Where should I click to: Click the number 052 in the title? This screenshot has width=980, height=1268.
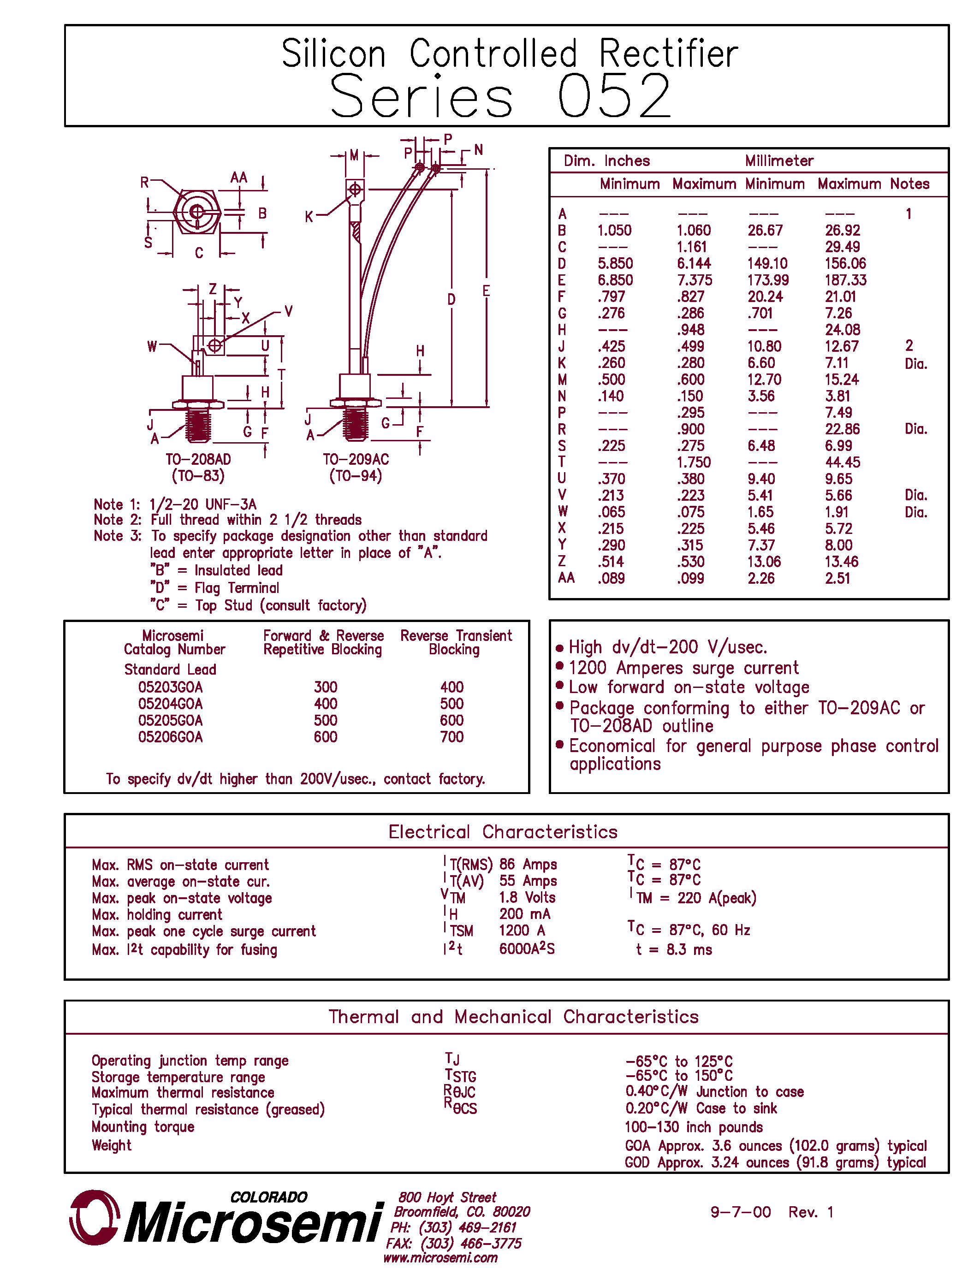pos(614,96)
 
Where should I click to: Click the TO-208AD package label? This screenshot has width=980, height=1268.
pos(198,459)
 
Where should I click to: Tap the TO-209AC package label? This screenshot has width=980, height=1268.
pos(356,459)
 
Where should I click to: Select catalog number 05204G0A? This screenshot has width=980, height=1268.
pos(170,704)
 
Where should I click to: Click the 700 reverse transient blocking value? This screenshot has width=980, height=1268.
pos(451,737)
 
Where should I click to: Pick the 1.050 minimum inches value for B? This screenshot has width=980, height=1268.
pos(614,231)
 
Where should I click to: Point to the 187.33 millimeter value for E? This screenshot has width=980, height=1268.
pos(845,280)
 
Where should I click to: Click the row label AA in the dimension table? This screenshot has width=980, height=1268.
pos(566,578)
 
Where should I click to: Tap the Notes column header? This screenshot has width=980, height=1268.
pos(910,184)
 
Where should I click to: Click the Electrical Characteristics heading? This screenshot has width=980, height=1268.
pos(503,831)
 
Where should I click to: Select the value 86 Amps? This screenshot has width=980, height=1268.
pos(528,865)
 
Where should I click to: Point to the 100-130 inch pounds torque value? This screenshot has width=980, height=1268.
pos(693,1127)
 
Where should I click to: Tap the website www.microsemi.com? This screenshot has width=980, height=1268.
pos(440,1257)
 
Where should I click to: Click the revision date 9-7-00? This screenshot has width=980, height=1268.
pos(740,1212)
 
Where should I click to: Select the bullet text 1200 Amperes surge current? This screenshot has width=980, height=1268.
pos(683,668)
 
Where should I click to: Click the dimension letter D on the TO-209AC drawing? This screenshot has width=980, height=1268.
pos(451,300)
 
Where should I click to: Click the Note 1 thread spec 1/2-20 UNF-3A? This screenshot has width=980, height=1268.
pos(202,504)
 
